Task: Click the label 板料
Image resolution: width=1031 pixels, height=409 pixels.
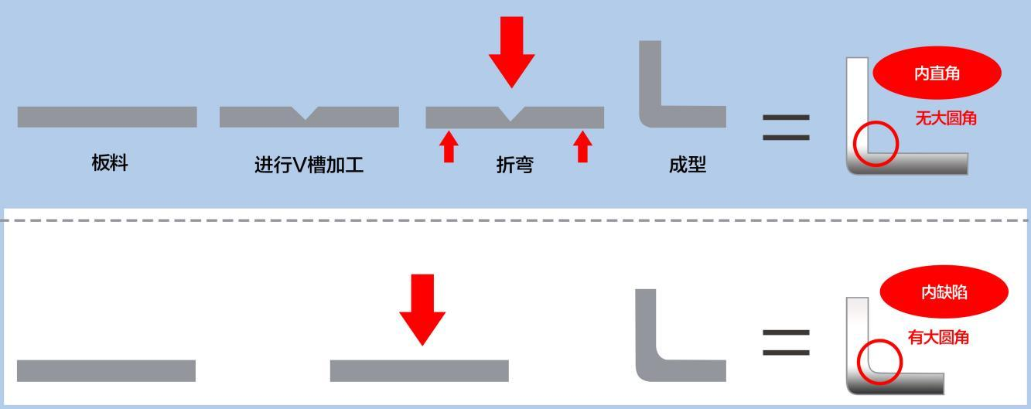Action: click(110, 163)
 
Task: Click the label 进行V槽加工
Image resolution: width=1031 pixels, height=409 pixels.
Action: click(309, 165)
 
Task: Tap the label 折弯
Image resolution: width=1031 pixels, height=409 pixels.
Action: click(515, 165)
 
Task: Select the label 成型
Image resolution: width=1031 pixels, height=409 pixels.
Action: click(687, 164)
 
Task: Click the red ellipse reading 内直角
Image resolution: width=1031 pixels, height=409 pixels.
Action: click(937, 73)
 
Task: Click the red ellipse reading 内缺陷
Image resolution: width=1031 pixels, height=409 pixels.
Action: click(944, 291)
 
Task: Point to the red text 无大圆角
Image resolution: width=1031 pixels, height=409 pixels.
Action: click(946, 118)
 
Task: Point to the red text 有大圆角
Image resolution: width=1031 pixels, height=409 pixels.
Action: click(938, 337)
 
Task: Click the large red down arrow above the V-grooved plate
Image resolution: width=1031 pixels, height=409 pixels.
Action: click(512, 52)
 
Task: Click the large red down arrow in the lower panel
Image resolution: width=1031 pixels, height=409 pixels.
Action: click(422, 309)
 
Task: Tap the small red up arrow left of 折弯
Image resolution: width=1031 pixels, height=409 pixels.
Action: click(449, 147)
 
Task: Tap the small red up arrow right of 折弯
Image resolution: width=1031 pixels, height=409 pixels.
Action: click(582, 147)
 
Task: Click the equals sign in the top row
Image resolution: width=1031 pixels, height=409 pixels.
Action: click(786, 128)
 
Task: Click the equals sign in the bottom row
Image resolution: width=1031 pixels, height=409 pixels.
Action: click(786, 343)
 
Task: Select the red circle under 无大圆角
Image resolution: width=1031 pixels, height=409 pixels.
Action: click(854, 144)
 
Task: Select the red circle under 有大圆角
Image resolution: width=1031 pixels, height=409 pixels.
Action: click(858, 362)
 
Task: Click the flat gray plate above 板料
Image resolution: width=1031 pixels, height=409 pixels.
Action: click(108, 117)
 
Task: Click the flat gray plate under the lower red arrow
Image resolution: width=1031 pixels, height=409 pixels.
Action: click(419, 371)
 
